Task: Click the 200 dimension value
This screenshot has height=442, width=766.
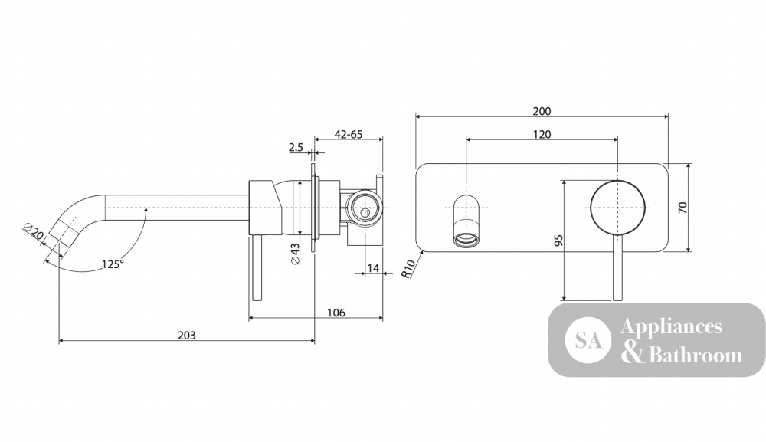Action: click(x=542, y=111)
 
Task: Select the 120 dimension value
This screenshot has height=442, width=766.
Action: click(x=542, y=134)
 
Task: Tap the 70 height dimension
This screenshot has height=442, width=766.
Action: click(x=683, y=208)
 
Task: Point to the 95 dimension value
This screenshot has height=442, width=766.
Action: click(x=559, y=241)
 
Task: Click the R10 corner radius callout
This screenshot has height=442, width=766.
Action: click(x=408, y=269)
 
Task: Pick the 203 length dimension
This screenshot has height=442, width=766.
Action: click(x=187, y=336)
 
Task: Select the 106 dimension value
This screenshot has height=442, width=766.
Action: click(x=336, y=313)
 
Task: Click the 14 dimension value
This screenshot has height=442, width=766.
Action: click(x=373, y=268)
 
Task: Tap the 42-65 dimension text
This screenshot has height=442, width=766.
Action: click(x=349, y=134)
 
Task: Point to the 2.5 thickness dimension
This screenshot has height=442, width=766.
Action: click(x=296, y=147)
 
